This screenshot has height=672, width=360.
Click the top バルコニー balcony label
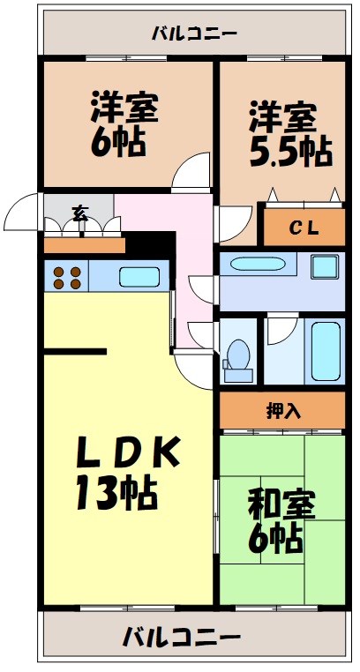pyautogui.click(x=193, y=34)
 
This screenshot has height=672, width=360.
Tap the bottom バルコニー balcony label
pyautogui.click(x=181, y=635)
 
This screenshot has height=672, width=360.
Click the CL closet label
pyautogui.click(x=304, y=228)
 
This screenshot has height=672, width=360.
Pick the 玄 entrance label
pyautogui.click(x=79, y=213)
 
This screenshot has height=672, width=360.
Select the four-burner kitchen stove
pyautogui.click(x=68, y=277)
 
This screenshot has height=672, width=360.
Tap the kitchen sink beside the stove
pyautogui.click(x=139, y=277)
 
